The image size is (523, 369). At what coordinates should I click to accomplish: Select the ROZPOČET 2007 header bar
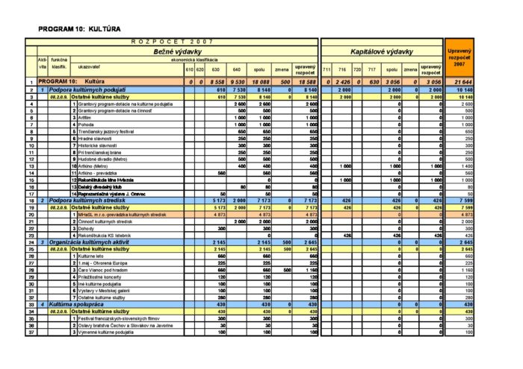[172, 42]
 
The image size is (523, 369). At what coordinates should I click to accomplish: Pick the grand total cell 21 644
[462, 81]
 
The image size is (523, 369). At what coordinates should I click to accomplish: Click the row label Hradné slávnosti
[94, 138]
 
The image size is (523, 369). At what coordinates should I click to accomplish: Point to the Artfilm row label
[84, 116]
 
